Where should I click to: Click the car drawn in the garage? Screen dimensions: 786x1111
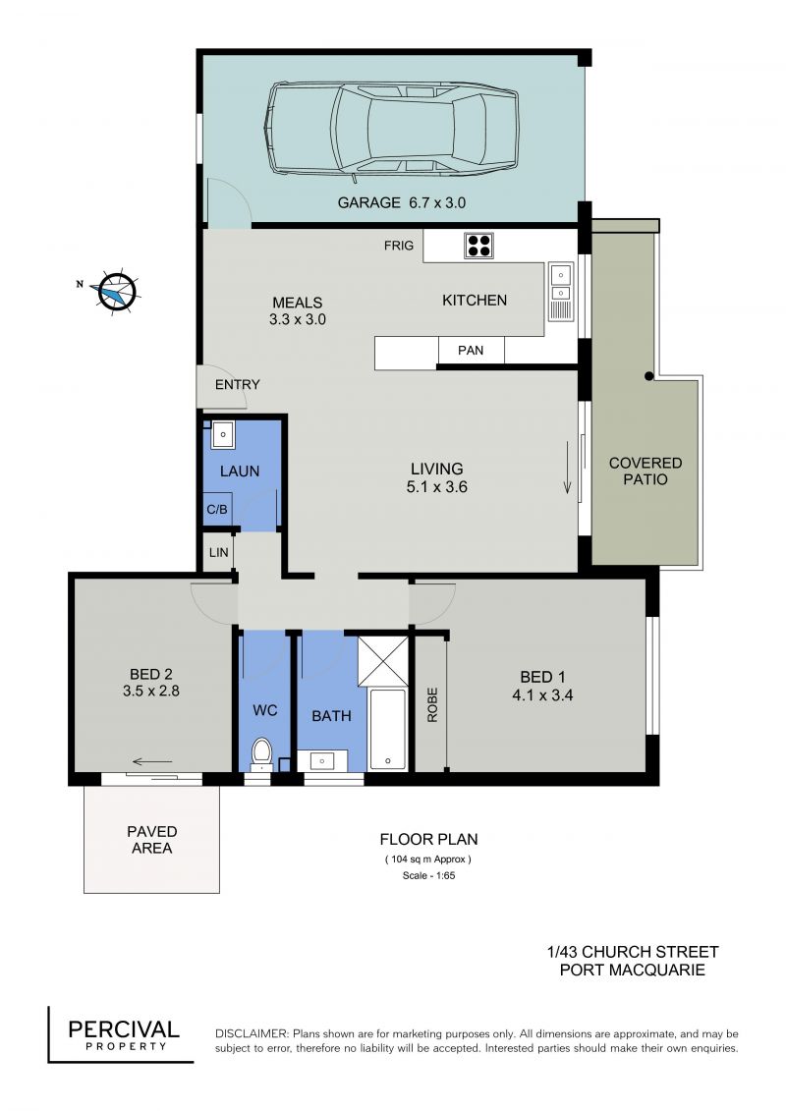click(x=391, y=129)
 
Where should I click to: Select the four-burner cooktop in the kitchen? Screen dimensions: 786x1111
click(x=479, y=246)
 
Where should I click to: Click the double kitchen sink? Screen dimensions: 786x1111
click(x=561, y=292)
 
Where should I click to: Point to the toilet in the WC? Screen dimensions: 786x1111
click(x=262, y=753)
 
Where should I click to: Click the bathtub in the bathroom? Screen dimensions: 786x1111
click(x=388, y=728)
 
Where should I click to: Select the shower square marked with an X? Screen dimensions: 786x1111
click(x=383, y=661)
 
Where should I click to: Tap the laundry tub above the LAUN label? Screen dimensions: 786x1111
click(x=223, y=435)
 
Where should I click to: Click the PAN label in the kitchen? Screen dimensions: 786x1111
click(x=471, y=350)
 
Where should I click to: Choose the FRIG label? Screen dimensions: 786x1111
click(x=399, y=246)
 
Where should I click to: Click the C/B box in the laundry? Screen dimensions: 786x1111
click(x=217, y=509)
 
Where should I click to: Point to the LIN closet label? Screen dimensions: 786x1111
click(x=218, y=551)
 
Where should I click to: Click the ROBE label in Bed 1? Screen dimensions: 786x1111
click(x=432, y=704)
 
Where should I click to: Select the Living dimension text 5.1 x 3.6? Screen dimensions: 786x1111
click(x=436, y=487)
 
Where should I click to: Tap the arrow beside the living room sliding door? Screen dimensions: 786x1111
click(x=568, y=467)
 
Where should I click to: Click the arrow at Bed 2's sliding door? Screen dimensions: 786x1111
click(x=152, y=761)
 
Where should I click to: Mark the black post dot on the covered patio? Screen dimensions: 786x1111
click(x=648, y=376)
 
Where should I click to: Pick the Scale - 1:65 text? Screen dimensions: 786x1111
click(x=428, y=875)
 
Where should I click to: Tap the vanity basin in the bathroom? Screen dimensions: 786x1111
click(x=322, y=761)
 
